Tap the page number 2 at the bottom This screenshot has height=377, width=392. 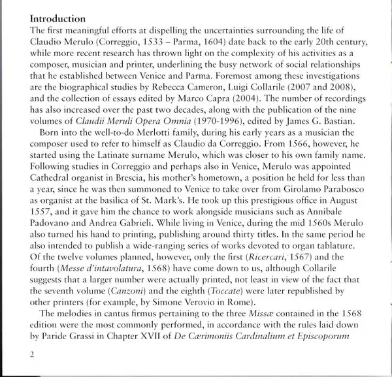point(33,355)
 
